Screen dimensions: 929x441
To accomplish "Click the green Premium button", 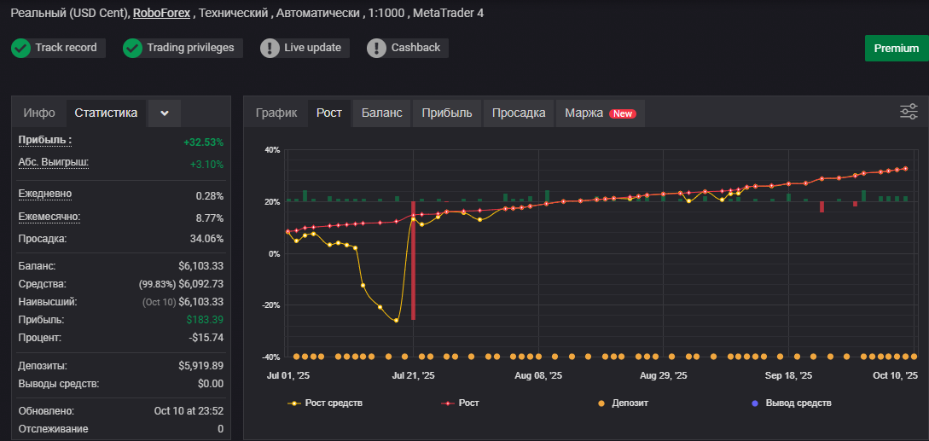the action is [897, 48].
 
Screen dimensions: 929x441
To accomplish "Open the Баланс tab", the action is [381, 113].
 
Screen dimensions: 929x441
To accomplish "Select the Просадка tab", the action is [519, 113].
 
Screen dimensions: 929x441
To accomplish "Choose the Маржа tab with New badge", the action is [601, 113].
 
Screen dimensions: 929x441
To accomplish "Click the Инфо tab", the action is [39, 113].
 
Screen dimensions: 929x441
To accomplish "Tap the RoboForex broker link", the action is [162, 13].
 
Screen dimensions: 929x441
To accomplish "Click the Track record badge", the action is [58, 48].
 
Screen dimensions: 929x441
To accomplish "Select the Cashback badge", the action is [408, 48].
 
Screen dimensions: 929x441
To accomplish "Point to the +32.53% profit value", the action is [203, 142].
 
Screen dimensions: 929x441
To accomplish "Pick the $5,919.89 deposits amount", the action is [200, 366].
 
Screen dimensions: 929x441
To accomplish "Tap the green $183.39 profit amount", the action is [205, 320].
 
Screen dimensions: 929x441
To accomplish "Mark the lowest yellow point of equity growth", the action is [397, 321].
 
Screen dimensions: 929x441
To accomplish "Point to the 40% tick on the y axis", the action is [272, 150].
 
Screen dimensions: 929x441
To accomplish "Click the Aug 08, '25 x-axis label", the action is [538, 376].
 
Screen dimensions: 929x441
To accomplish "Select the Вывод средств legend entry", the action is [791, 403].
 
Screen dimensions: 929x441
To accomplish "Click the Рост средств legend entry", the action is [325, 403].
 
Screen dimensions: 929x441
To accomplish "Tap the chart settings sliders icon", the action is [909, 112].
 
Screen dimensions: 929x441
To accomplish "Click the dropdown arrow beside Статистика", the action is [165, 113].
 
